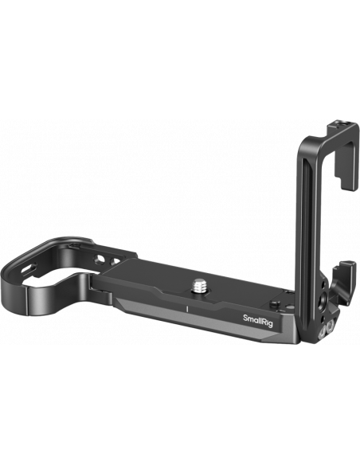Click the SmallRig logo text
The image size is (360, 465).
[257, 320]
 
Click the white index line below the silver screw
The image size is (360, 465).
[187, 309]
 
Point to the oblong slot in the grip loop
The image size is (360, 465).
[29, 268]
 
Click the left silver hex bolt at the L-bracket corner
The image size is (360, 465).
[322, 333]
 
